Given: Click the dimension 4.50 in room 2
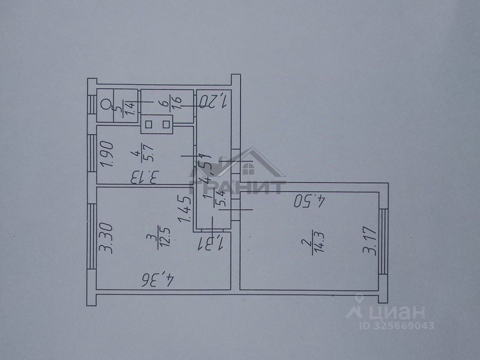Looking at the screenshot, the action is click(x=310, y=200).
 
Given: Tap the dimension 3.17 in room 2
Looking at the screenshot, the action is click(x=370, y=241).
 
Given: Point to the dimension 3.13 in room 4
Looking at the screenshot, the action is click(x=144, y=177).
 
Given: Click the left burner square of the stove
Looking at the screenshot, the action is click(x=148, y=124).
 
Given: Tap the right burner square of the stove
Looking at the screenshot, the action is click(x=165, y=124).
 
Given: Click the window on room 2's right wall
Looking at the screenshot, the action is click(x=383, y=241).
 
